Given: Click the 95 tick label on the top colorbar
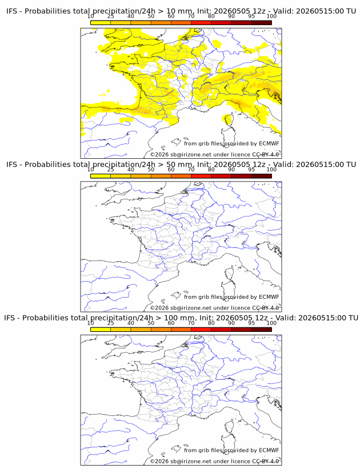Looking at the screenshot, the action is [251, 17].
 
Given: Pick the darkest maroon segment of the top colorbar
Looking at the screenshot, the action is [261, 23].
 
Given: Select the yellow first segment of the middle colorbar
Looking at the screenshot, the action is [101, 176].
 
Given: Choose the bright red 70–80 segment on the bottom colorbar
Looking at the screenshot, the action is [201, 330].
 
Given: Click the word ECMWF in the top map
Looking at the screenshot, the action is [269, 143].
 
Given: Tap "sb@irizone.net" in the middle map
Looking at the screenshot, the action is [191, 308].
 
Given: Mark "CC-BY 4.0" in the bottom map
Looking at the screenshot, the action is [265, 461].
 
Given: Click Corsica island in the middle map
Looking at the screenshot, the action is [229, 273].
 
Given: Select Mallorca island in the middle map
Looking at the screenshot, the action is [175, 295].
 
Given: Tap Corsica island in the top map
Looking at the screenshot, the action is [229, 120].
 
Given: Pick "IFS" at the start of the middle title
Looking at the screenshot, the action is [12, 165].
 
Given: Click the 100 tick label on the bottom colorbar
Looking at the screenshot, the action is [271, 323].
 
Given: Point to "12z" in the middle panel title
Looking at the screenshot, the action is [259, 165].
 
